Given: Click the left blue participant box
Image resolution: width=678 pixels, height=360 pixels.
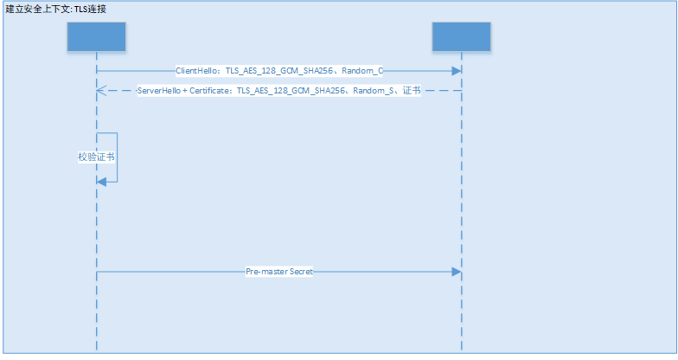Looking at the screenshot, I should [x=96, y=36].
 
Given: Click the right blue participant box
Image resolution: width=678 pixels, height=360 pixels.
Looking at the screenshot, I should [x=461, y=36].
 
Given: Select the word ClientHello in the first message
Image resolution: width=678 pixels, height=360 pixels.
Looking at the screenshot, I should [x=198, y=71].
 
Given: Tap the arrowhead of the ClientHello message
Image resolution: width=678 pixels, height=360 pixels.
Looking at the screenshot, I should [x=456, y=71].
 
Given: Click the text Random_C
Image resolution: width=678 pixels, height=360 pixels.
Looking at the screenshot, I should [x=366, y=71].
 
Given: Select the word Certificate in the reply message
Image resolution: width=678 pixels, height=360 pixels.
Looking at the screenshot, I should [x=211, y=90].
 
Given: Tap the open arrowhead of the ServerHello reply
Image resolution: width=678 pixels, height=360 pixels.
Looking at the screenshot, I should [x=100, y=90].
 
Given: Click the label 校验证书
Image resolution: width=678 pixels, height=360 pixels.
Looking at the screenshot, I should [x=96, y=157].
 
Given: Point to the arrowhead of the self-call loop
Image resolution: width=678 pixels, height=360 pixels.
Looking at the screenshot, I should [x=101, y=181].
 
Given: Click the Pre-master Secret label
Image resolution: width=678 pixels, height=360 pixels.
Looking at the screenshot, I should [x=279, y=272].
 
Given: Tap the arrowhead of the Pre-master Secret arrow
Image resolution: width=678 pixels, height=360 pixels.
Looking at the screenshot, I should [x=456, y=272].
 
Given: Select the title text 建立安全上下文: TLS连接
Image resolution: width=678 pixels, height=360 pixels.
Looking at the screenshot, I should [x=56, y=9].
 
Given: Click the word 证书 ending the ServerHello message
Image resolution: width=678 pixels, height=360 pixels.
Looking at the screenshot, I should [x=412, y=90].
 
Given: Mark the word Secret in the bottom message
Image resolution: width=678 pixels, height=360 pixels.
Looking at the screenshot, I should [x=300, y=272].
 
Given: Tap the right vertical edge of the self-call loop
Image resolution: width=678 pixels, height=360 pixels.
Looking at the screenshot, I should [x=118, y=157].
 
